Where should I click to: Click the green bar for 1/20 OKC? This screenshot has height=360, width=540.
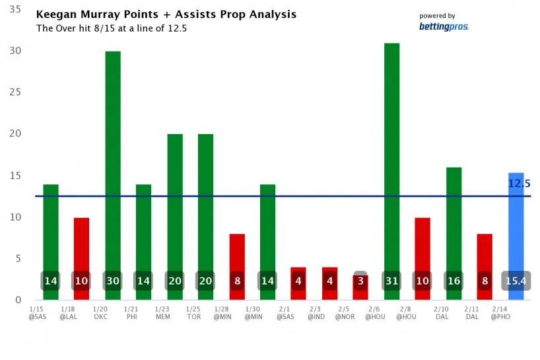(113, 165)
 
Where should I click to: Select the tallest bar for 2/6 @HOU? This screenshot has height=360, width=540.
(391, 165)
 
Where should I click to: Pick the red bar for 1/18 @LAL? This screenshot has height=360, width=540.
(81, 244)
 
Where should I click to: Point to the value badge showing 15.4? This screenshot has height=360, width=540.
(516, 281)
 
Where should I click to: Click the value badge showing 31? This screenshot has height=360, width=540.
(391, 281)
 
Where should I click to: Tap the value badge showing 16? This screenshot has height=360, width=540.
(454, 281)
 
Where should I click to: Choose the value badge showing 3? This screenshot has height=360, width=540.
(360, 281)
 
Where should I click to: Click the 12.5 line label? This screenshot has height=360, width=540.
(520, 184)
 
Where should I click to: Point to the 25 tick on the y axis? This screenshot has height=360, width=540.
(15, 92)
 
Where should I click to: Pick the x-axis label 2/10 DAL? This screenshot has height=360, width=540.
(442, 312)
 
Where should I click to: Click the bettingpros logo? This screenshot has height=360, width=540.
(443, 27)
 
